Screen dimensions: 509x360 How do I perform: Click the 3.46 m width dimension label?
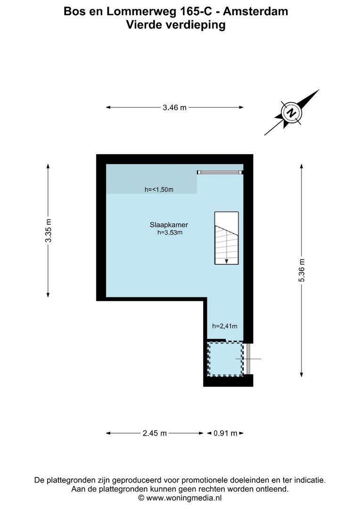174,107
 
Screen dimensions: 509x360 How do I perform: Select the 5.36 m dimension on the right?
302,271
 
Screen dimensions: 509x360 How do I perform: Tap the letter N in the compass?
292,113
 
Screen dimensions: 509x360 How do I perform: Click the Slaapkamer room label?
165,225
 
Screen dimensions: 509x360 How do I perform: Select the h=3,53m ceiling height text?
170,232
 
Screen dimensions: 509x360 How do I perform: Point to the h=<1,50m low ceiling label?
159,190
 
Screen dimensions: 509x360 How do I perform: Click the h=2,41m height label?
224,326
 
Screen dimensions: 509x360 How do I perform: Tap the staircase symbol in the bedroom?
227,238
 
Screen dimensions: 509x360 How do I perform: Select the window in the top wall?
220,172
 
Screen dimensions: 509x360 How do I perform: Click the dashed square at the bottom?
225,359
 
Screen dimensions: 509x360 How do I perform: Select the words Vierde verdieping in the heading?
176,25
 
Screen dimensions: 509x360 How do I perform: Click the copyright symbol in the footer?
141,497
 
